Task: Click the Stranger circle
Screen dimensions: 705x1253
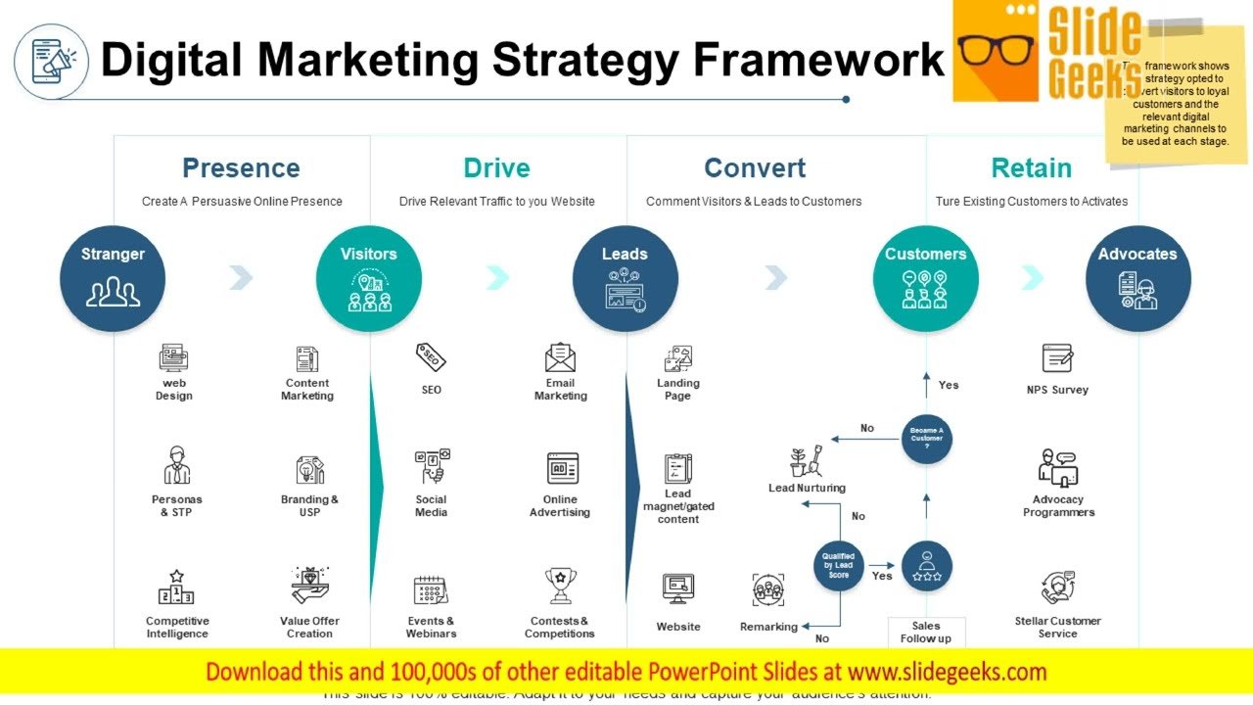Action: click(x=113, y=278)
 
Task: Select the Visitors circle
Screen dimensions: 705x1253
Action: click(x=369, y=278)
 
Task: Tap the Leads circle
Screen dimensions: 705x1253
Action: click(x=626, y=278)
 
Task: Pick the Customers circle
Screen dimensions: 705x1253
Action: click(x=925, y=278)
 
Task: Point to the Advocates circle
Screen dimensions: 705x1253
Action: click(x=1137, y=278)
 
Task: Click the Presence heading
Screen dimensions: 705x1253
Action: click(x=241, y=168)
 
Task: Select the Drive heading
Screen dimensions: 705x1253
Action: click(x=496, y=168)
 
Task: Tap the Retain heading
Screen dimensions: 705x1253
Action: click(x=1031, y=168)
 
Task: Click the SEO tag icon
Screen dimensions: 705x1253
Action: click(x=431, y=358)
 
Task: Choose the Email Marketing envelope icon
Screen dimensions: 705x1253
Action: click(x=560, y=357)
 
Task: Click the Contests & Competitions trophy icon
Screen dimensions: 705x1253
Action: click(x=560, y=587)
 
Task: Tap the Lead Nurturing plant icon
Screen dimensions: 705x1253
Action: click(x=807, y=461)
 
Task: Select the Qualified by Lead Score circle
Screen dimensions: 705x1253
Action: click(x=839, y=566)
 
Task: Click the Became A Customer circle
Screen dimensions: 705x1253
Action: click(x=926, y=438)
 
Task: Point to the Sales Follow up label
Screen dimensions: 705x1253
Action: click(x=925, y=633)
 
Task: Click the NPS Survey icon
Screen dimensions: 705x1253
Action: click(x=1057, y=358)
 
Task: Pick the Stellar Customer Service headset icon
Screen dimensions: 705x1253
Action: click(x=1057, y=588)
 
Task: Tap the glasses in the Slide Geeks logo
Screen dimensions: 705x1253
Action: click(x=997, y=52)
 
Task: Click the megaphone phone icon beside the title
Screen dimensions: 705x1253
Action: click(x=52, y=62)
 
